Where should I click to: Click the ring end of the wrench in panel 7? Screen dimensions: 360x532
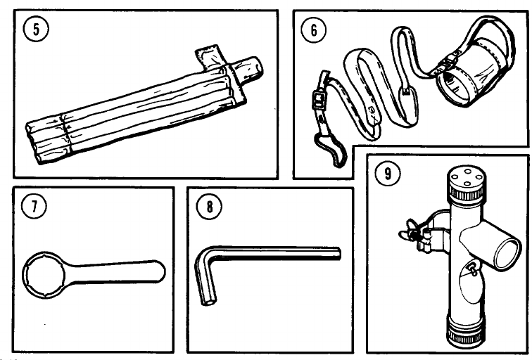44,278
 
